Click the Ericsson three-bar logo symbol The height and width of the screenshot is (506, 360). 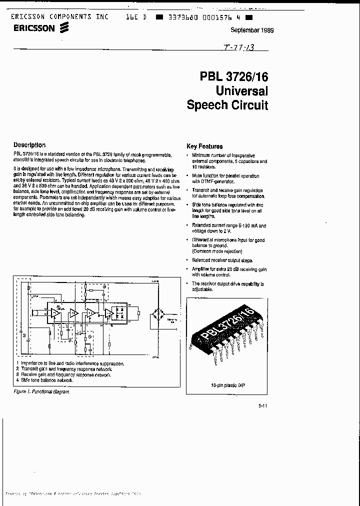point(63,29)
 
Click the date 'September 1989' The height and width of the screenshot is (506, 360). point(252,30)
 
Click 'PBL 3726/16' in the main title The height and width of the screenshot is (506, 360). point(234,76)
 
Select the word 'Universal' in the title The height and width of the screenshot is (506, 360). point(242,91)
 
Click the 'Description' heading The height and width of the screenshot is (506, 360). point(29,145)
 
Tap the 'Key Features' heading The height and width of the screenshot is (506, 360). point(204,146)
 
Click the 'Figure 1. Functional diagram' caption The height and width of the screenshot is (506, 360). point(41,391)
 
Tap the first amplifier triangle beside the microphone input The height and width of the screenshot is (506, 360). point(52,313)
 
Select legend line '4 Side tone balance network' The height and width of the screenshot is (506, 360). point(45,380)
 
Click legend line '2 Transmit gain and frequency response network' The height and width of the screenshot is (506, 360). point(62,369)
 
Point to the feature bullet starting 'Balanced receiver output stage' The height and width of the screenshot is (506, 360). point(222,260)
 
